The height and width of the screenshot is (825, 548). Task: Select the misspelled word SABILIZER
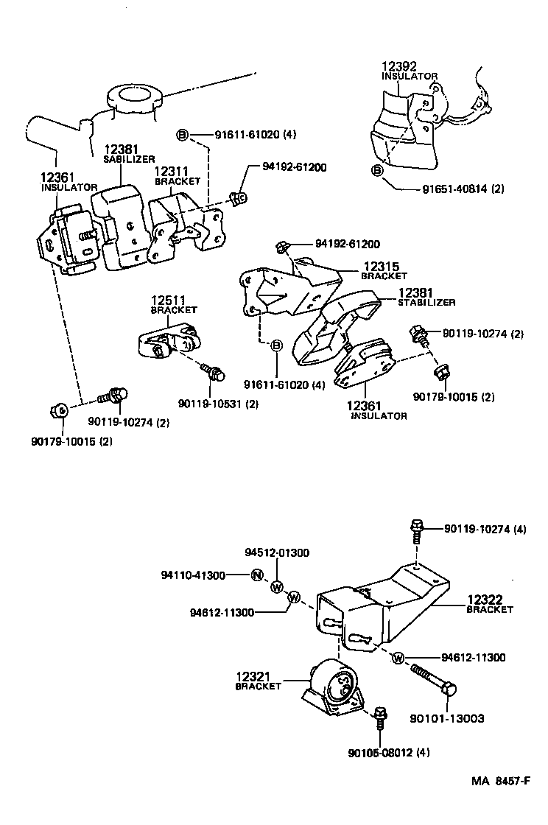129,158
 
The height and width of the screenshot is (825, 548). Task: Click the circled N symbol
256,575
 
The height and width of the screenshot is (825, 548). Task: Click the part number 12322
483,600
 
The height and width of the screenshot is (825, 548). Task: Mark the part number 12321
253,676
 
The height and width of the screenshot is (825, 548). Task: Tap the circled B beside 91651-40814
377,171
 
